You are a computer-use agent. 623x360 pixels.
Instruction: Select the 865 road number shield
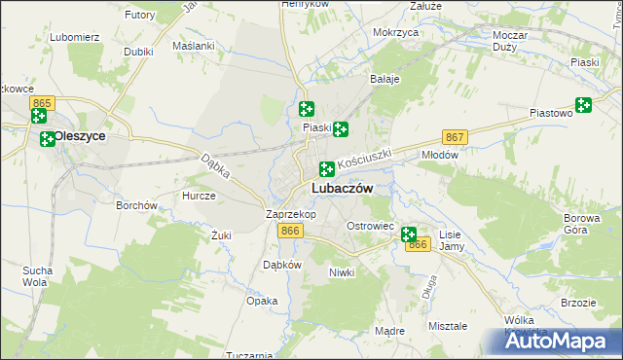click(x=40, y=102)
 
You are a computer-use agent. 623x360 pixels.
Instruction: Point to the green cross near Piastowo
click(x=583, y=106)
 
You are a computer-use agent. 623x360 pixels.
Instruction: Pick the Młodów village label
click(x=438, y=155)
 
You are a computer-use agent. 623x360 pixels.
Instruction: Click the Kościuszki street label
click(x=364, y=157)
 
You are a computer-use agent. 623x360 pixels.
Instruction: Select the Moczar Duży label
click(x=510, y=41)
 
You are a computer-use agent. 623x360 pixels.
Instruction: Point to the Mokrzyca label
click(x=395, y=32)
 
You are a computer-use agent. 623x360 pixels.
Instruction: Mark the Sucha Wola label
click(x=36, y=275)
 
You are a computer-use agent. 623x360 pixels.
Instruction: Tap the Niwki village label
click(x=343, y=272)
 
